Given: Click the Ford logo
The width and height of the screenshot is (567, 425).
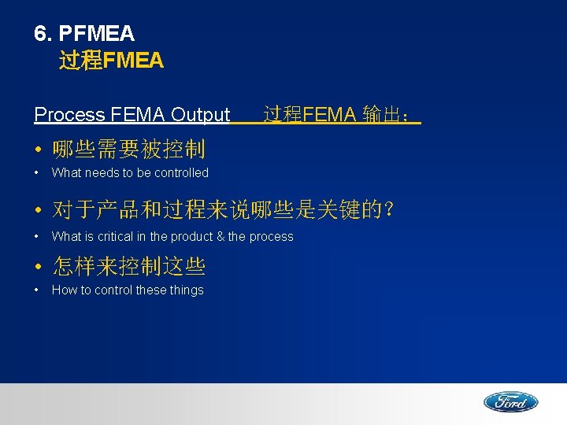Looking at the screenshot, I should (x=510, y=402).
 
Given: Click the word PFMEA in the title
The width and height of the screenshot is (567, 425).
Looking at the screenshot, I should (x=97, y=34).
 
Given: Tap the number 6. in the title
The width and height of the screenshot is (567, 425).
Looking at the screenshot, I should (x=43, y=34).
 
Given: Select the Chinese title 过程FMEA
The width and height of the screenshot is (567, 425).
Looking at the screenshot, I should (x=111, y=60).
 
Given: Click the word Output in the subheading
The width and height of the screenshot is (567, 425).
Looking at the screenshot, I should (x=200, y=115).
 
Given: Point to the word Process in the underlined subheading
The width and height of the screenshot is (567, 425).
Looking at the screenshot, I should (x=69, y=115).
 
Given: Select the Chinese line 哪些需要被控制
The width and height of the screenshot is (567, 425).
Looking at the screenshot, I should (x=128, y=149).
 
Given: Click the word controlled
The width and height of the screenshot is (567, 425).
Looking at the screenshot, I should (x=181, y=173).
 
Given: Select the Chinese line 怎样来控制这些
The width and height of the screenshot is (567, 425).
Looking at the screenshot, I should (x=128, y=267).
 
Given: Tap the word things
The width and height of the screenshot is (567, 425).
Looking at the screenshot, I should (x=186, y=290).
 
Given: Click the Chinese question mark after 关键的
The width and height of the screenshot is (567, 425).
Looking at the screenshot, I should (x=386, y=210).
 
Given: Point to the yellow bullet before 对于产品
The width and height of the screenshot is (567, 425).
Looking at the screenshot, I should (x=38, y=212).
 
